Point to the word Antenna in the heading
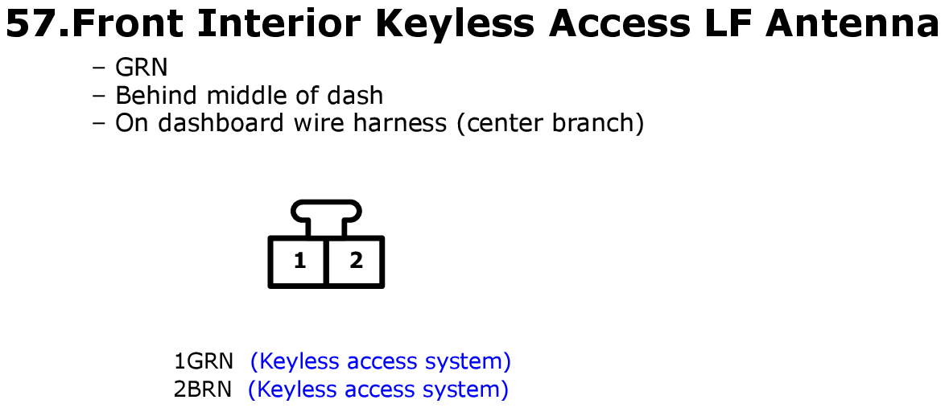(850, 25)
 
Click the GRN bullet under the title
(141, 68)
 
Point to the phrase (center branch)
(551, 124)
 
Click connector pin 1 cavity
(299, 261)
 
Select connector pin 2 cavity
(354, 261)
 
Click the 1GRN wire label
(203, 361)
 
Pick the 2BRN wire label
(203, 389)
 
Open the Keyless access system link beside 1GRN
(380, 361)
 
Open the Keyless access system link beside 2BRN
(378, 390)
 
